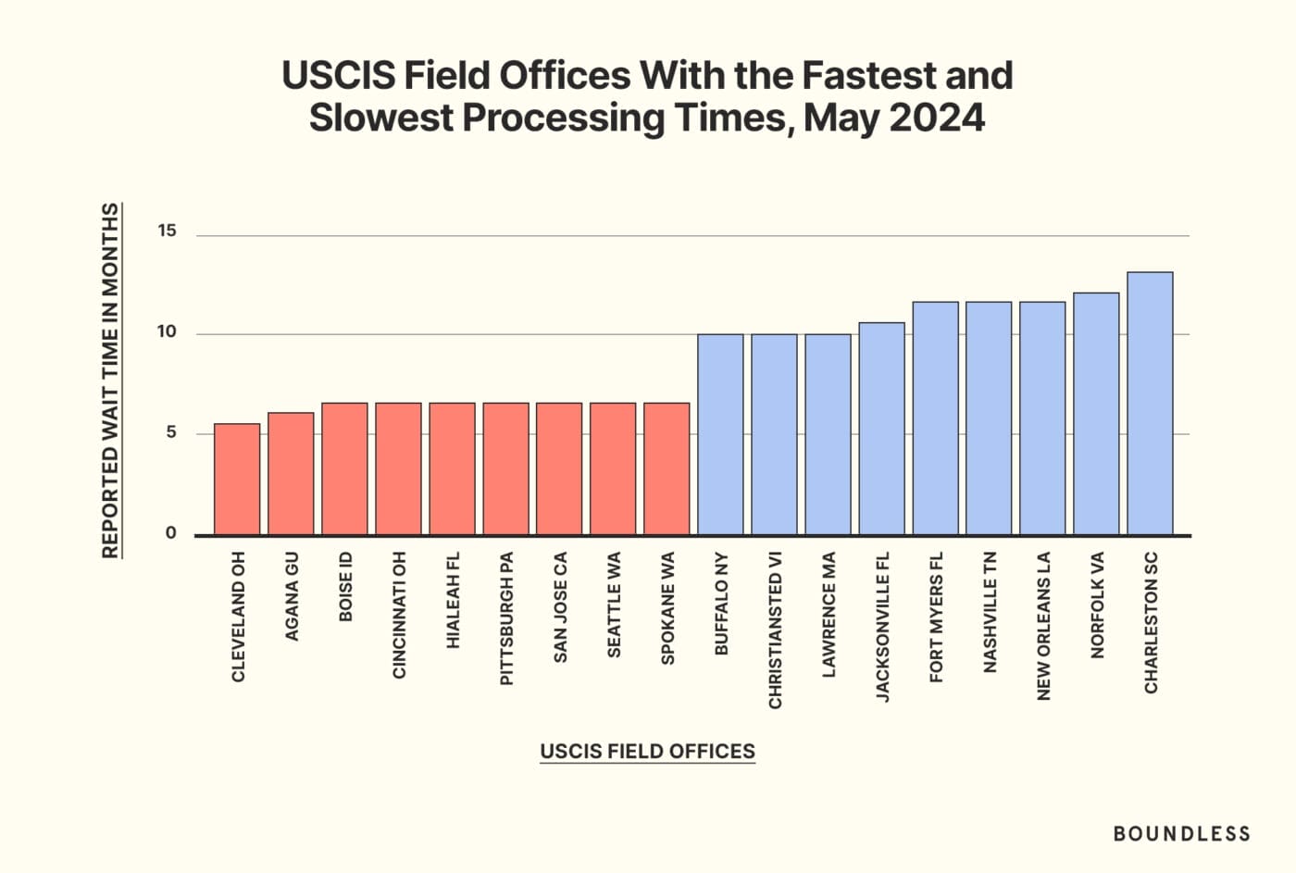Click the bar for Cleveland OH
[237, 479]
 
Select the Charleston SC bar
[1150, 403]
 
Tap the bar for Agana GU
[291, 473]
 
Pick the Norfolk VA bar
[1096, 414]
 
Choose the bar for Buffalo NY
[720, 434]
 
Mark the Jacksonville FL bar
[881, 429]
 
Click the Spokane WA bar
[667, 468]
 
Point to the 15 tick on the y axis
[167, 231]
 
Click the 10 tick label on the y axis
[167, 331]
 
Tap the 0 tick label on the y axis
[170, 532]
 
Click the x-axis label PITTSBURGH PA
[506, 618]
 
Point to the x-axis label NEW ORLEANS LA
[1043, 626]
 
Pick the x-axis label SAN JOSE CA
[560, 607]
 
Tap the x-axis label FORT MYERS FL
[936, 617]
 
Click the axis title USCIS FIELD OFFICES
[647, 751]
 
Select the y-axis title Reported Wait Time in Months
[110, 380]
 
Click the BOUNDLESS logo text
[1181, 833]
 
